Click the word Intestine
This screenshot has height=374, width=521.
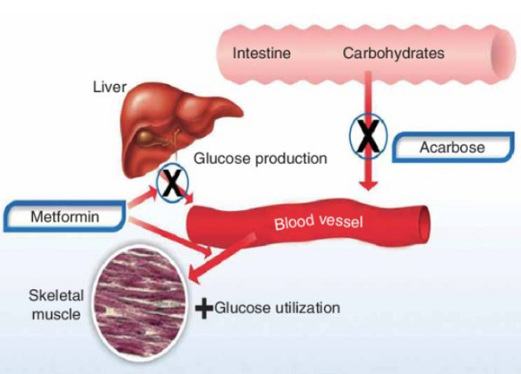click(261, 54)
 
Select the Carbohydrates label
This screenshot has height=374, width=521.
click(393, 54)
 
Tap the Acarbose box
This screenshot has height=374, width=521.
click(452, 148)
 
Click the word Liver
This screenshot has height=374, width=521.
click(109, 87)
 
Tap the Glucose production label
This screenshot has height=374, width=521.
click(260, 159)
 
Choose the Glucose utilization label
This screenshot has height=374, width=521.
click(277, 308)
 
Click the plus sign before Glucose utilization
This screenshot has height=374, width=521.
click(204, 309)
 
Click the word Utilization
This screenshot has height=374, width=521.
click(303, 308)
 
